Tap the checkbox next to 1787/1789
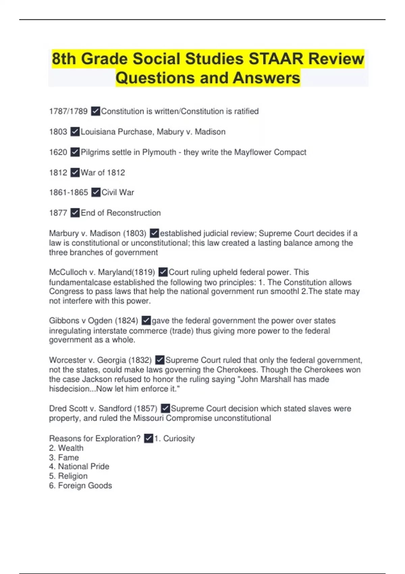point(96,111)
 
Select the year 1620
point(58,152)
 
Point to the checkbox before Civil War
point(96,192)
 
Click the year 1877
point(58,213)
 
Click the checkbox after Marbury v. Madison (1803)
point(154,233)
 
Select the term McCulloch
point(67,272)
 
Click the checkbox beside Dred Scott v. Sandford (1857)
point(165,409)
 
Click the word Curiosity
point(179,439)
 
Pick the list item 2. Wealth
point(66,448)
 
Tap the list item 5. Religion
point(68,476)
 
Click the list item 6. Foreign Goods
point(80,486)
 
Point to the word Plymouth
point(159,152)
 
